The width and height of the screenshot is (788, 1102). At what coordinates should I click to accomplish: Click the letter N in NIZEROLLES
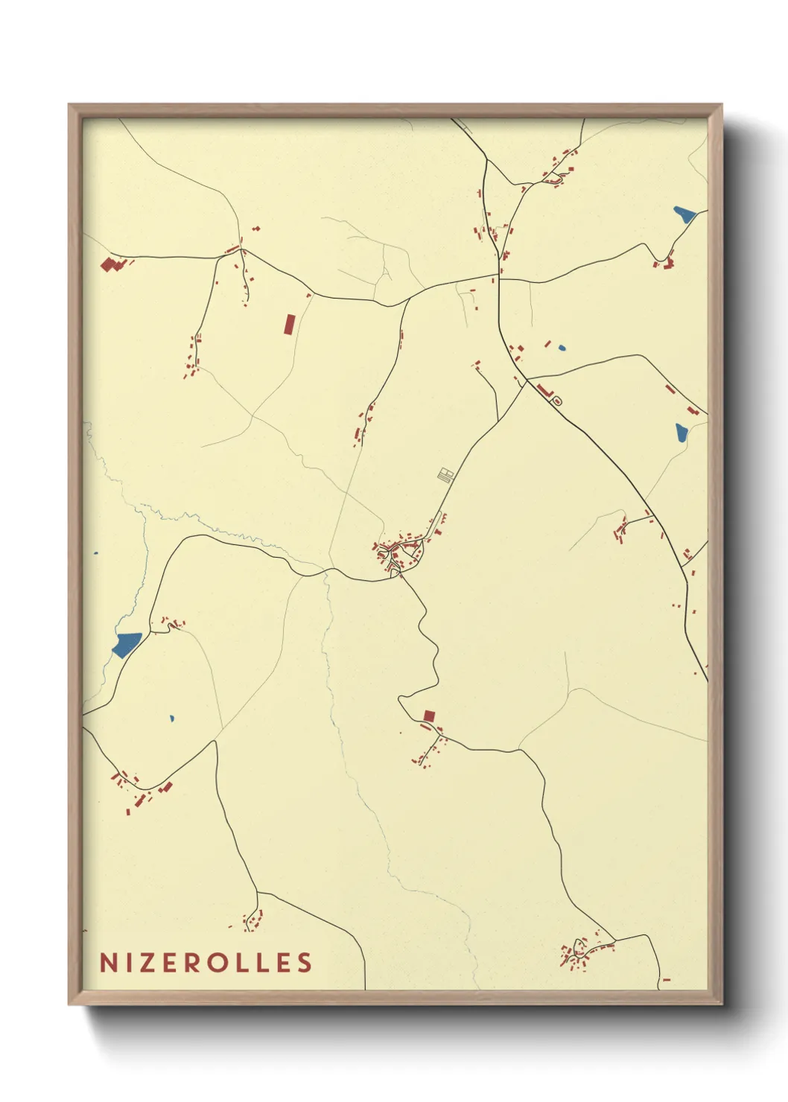coord(109,963)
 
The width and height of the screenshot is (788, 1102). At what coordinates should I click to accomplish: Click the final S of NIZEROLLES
coord(305,963)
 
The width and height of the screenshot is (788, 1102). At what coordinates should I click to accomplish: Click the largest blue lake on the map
coord(127,643)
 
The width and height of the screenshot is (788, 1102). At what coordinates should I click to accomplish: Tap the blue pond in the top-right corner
coord(684,214)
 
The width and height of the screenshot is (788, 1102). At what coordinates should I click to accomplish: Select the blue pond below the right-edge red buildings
coord(681,433)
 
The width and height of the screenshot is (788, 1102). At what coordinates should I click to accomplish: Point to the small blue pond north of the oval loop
coord(561,348)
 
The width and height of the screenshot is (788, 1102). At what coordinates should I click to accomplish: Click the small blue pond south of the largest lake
coord(171,719)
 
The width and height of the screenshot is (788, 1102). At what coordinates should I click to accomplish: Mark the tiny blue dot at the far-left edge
coord(95,553)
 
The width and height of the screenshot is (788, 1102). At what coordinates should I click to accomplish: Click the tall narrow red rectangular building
coord(290,324)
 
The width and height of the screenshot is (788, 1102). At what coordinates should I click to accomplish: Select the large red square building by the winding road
coord(428,716)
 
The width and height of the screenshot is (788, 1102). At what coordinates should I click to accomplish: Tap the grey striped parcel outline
coord(445,474)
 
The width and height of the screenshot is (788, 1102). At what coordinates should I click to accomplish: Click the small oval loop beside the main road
coord(557,401)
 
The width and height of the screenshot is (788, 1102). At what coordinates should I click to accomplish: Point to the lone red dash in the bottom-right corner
coord(666,980)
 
